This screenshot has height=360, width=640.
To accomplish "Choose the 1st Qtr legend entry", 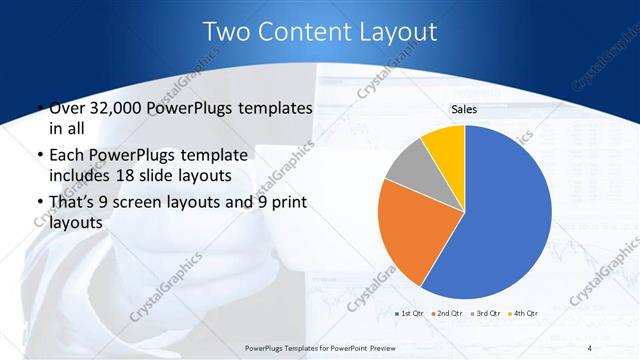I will tap(411, 314).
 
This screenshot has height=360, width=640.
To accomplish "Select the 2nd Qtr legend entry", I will tap(447, 314).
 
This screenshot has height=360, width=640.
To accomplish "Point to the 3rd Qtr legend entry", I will tap(484, 314).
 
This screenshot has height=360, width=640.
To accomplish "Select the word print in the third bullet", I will tap(288, 204).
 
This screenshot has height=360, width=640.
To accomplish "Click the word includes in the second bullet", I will tap(83, 176).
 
